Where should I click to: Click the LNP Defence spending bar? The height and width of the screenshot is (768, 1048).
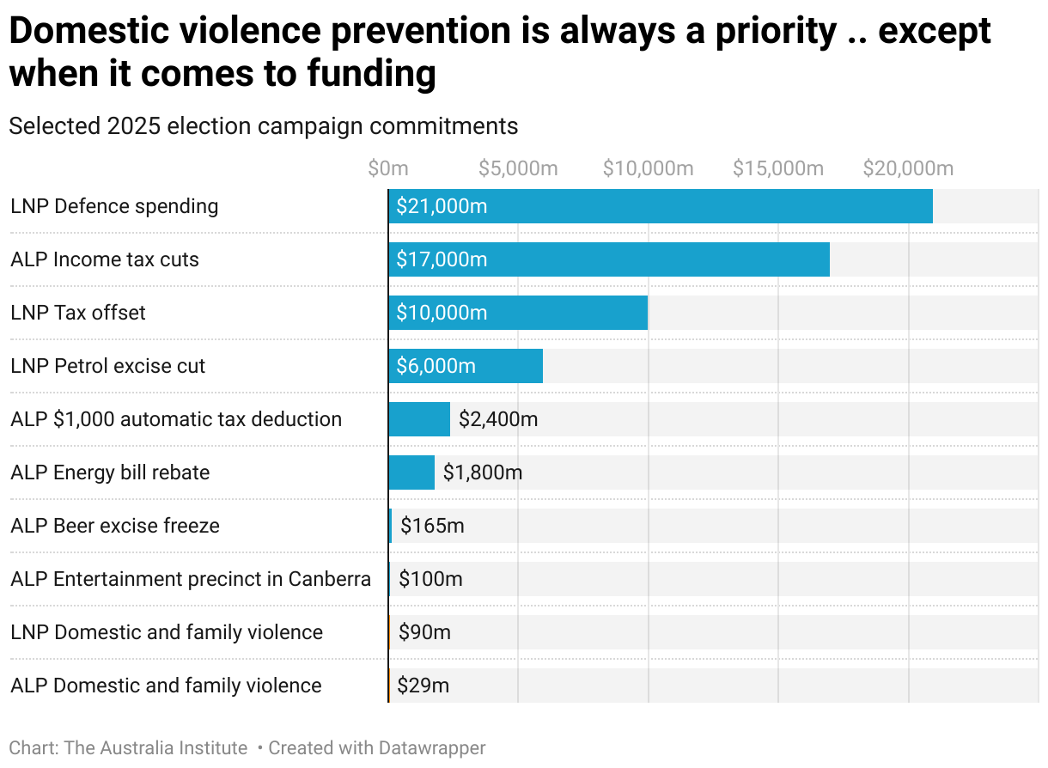pos(660,206)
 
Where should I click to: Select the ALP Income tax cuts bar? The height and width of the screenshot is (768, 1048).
pos(608,259)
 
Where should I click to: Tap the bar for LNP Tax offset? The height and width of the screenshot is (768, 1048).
pos(517,313)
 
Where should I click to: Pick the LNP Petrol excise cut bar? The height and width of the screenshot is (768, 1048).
pos(465,366)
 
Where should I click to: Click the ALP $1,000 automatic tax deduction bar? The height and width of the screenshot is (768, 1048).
pos(418,419)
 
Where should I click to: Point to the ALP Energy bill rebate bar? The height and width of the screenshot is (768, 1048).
pos(411,472)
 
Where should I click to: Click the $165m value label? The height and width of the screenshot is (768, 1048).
pos(432,526)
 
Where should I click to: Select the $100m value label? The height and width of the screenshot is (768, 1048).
pos(430,579)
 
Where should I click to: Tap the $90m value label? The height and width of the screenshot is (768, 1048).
pos(424,632)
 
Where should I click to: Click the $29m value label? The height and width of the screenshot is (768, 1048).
pos(423,686)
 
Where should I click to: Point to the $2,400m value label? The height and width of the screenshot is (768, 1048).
pos(498,419)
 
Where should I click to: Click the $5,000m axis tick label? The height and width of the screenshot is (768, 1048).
pos(518,168)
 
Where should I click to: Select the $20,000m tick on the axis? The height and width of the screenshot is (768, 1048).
pos(908,168)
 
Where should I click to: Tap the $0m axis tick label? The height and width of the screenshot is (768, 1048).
pos(387,168)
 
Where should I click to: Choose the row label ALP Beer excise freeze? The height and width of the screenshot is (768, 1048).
pos(115,526)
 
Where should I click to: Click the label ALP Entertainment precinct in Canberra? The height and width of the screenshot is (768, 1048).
pos(191,579)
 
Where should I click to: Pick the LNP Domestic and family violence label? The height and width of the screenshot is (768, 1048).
pos(167,632)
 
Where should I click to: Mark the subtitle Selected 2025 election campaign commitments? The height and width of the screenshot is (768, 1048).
pos(263,126)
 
